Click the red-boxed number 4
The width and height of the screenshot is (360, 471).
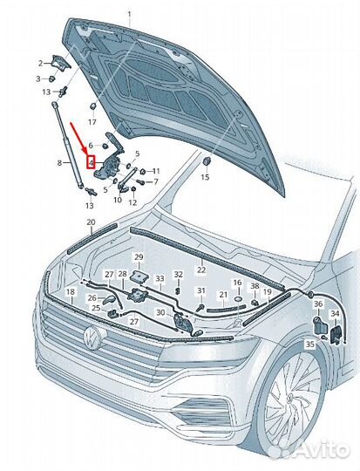[91, 163]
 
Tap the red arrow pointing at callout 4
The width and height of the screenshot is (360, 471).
[80, 139]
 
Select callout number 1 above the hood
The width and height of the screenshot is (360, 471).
[129, 14]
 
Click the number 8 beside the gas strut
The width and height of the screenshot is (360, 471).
[59, 163]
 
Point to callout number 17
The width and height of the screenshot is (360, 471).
[92, 122]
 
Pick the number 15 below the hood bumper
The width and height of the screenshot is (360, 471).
[205, 177]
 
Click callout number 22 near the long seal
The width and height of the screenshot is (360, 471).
[200, 270]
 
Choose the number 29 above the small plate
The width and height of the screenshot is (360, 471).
[139, 257]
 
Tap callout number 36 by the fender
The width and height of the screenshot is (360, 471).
[318, 304]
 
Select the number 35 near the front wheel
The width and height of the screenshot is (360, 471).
[309, 344]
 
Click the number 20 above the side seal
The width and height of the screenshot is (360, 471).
[91, 222]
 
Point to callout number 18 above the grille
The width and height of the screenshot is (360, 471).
[70, 291]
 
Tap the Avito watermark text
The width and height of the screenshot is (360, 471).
[323, 450]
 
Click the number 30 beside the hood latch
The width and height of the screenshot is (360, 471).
[160, 312]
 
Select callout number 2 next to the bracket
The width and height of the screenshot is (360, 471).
[41, 64]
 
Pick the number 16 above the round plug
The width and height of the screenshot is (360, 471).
[237, 283]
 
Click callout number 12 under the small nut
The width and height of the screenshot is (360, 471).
[132, 202]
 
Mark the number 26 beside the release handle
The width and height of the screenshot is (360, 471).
[92, 297]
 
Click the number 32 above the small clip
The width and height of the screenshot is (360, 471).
[179, 274]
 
